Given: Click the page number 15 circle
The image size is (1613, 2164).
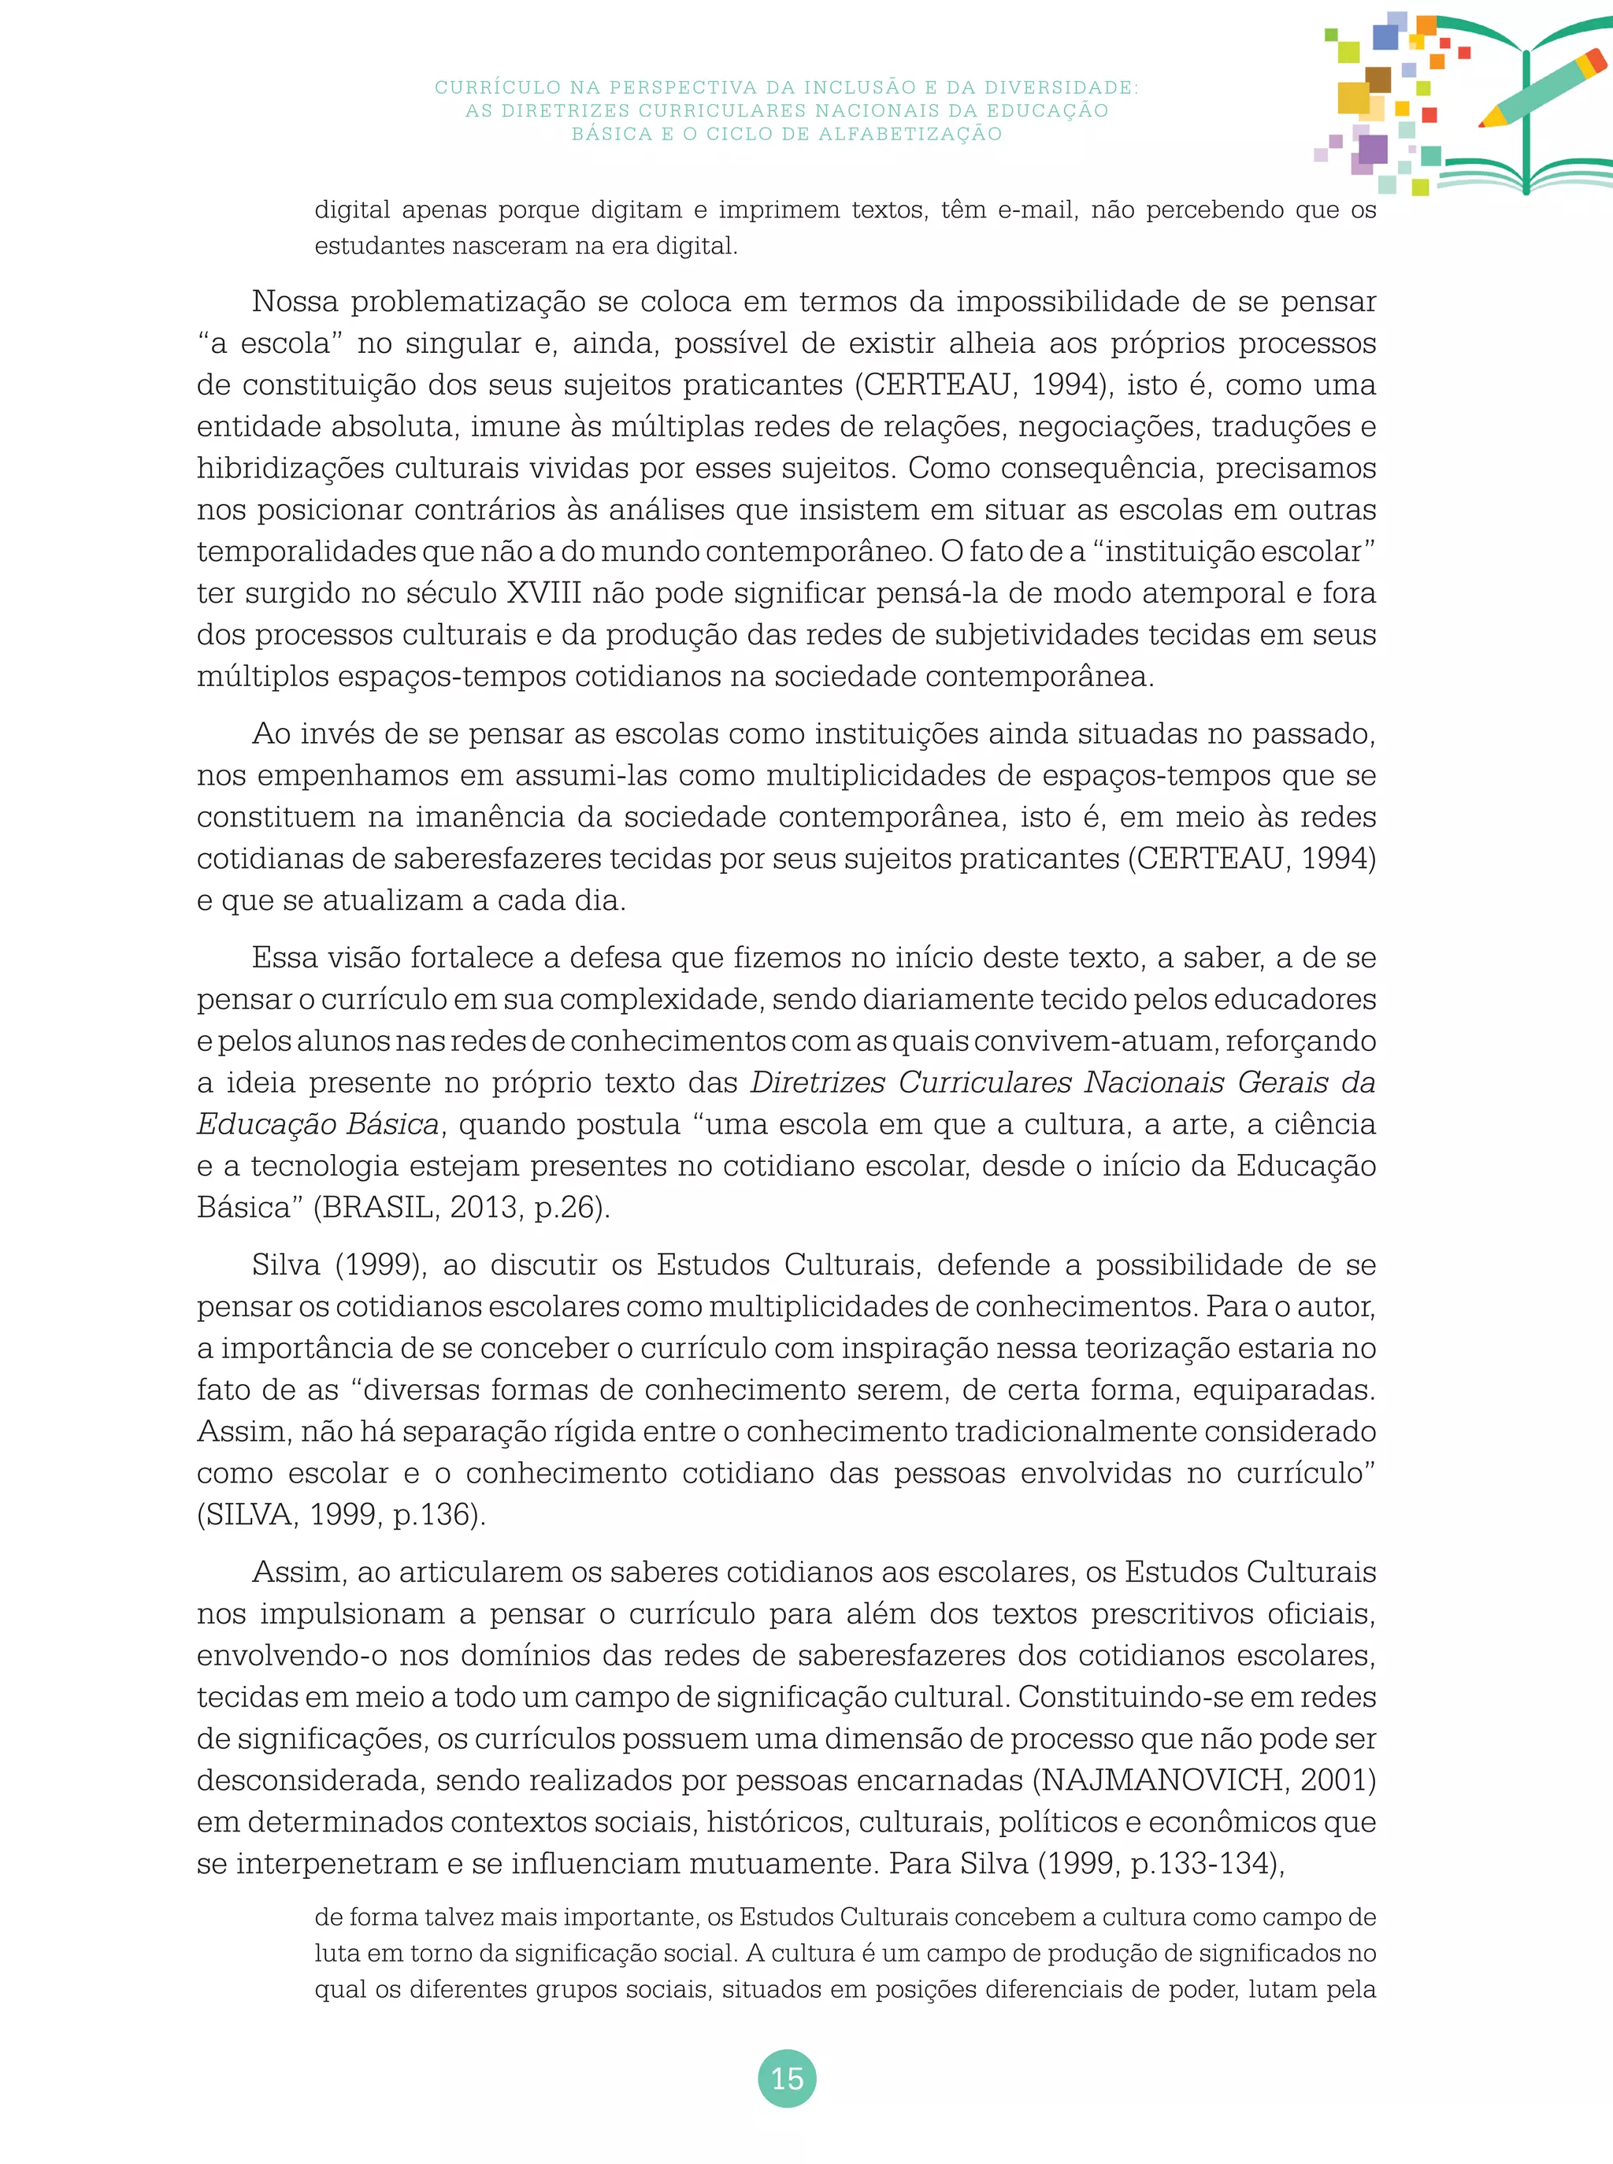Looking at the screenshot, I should click(786, 2078).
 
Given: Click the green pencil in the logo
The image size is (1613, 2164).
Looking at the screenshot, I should click(1543, 90).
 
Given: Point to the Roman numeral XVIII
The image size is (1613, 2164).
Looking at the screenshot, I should click(544, 592).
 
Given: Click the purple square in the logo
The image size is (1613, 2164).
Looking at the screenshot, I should click(1372, 150).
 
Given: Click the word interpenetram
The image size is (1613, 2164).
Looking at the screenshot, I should click(338, 1863).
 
